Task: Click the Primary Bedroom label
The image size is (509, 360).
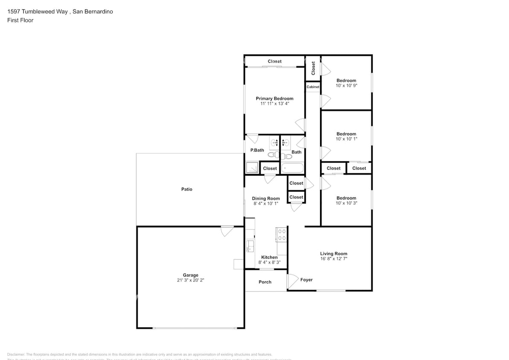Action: [x=274, y=99]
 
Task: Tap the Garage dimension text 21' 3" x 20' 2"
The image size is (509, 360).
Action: [x=190, y=281]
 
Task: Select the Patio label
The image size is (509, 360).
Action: [x=186, y=189]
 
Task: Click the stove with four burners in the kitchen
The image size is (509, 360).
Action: [x=282, y=234]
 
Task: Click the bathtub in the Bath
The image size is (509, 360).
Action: [x=293, y=168]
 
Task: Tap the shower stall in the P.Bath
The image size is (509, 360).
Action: [x=252, y=168]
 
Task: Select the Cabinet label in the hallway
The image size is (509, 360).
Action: [x=313, y=87]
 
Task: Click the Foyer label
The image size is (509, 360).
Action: [x=306, y=280]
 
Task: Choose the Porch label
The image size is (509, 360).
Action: [x=265, y=282]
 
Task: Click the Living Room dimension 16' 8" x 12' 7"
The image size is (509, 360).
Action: [x=334, y=258]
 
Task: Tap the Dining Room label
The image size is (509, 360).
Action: [x=266, y=198]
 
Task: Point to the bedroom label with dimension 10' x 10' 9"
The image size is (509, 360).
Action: [x=346, y=81]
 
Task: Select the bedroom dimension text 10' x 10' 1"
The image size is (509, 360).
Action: [x=346, y=139]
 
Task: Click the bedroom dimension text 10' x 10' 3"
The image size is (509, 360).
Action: [x=346, y=203]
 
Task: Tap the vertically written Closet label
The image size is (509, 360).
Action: [x=313, y=68]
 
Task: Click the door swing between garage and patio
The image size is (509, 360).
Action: [x=227, y=231]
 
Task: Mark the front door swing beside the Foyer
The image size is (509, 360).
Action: [x=293, y=280]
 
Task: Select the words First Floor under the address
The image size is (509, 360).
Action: [x=20, y=20]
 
